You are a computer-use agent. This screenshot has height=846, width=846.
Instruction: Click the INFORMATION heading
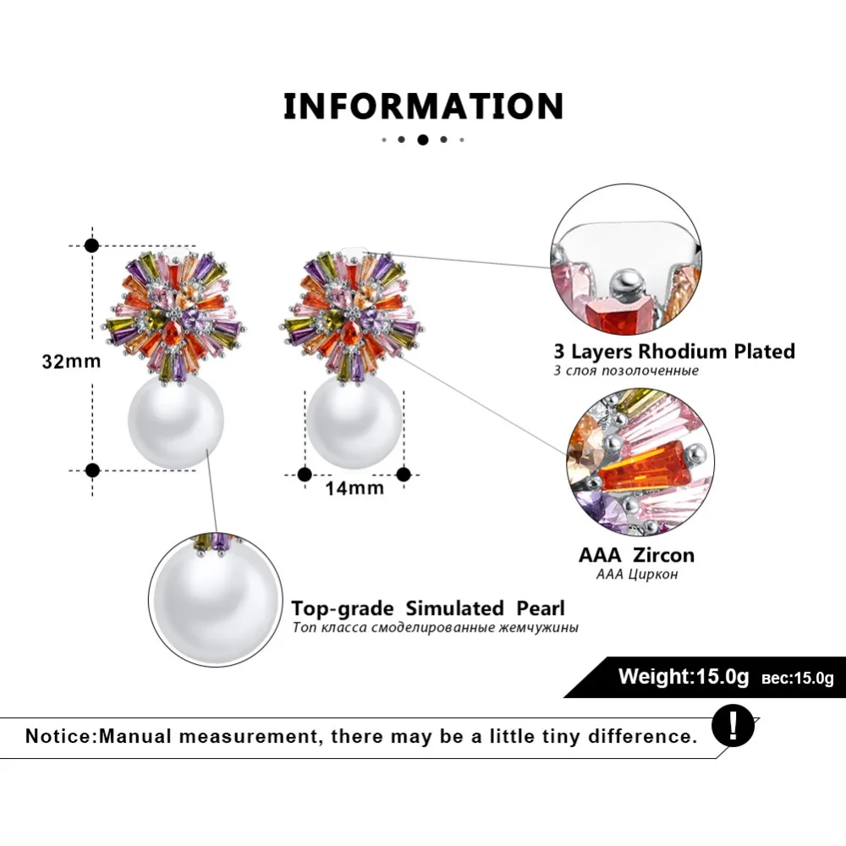[x=424, y=106]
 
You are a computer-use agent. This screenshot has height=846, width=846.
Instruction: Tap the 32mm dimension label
[x=71, y=361]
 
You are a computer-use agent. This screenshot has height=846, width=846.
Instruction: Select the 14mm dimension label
[x=354, y=488]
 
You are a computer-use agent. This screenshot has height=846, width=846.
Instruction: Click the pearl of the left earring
[x=176, y=421]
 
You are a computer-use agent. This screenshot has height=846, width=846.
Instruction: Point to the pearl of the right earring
[x=354, y=421]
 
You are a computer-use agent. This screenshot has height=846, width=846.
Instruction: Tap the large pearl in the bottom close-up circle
[x=215, y=600]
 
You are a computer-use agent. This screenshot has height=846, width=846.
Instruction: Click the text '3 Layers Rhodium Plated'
[x=674, y=351]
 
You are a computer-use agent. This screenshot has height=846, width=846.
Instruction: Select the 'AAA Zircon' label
[x=636, y=555]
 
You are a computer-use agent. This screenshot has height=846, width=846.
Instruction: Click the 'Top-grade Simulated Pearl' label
[x=428, y=608]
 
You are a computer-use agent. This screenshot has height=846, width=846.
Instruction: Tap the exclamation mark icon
[x=733, y=726]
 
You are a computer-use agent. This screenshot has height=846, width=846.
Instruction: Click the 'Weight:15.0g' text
[x=684, y=676]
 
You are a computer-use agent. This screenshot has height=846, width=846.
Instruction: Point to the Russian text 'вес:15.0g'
[x=798, y=678]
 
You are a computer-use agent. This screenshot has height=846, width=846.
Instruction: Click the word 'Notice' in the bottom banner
[x=59, y=736]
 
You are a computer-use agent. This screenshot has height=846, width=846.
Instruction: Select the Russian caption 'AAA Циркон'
[x=637, y=574]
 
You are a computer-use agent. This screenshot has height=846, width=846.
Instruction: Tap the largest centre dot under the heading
[x=423, y=140]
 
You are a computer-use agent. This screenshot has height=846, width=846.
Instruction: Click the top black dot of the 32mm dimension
[x=92, y=245]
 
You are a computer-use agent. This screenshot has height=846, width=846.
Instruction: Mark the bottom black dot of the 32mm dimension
[x=92, y=470]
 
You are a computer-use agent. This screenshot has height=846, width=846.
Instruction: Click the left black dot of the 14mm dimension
[x=305, y=475]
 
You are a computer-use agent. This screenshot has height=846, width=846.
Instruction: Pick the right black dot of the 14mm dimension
[x=404, y=475]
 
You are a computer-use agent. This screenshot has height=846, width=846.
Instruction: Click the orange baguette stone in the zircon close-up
[x=642, y=466]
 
